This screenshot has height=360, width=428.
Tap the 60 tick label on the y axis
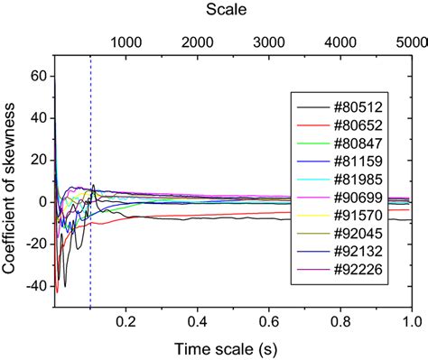click(39, 77)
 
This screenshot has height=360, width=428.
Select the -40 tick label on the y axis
click(35, 286)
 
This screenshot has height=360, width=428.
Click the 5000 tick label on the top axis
click(411, 42)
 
